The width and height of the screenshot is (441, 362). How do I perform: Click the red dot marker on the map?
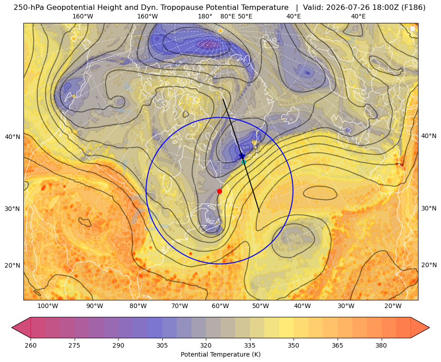220,191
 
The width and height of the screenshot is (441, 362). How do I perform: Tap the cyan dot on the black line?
244,162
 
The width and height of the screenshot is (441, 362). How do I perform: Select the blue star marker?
242,156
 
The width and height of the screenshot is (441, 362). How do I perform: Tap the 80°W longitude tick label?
138,306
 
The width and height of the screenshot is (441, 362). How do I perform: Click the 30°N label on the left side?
13,209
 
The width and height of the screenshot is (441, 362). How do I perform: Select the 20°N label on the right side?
429,265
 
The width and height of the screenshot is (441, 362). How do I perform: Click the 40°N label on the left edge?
13,137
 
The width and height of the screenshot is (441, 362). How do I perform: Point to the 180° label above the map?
205,16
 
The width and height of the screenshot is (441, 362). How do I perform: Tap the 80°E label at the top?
228,16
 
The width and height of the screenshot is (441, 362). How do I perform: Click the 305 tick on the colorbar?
162,345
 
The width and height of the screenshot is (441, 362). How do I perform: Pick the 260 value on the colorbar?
31,345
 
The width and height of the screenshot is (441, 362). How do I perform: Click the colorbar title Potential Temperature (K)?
220,354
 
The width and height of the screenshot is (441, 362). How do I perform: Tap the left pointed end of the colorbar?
12,327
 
